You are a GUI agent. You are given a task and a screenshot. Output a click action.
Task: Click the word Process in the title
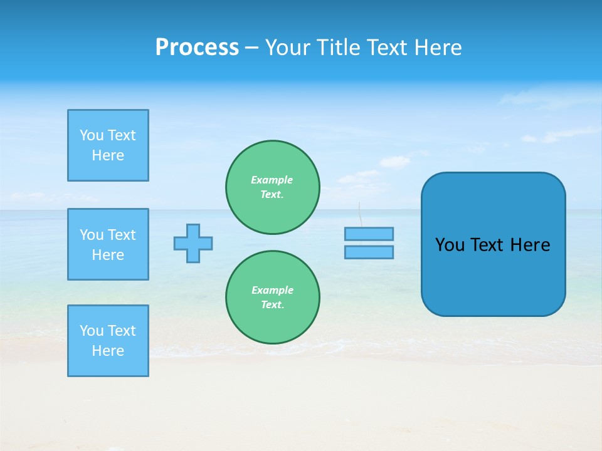[x=197, y=48]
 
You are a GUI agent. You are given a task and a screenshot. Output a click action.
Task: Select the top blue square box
[x=108, y=145]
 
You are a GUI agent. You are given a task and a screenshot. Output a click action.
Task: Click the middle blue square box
[x=108, y=244]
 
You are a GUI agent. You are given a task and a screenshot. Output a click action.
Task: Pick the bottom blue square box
[x=108, y=341]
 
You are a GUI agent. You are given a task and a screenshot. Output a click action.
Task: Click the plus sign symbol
[x=193, y=243]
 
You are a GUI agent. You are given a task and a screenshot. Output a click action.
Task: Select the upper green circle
[x=273, y=187]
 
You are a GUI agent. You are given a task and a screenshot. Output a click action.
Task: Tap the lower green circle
[x=273, y=298]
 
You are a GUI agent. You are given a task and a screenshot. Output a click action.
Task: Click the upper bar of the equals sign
[x=369, y=234]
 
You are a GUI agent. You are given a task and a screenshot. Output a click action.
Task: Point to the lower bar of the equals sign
[x=369, y=252]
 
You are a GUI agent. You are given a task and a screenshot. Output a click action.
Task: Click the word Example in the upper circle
[x=272, y=180]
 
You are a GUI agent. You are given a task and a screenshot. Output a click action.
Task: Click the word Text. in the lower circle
[x=272, y=305]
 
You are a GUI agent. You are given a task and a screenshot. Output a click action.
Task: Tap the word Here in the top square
[x=108, y=155]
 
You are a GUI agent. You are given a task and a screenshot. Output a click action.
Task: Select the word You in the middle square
[x=92, y=235]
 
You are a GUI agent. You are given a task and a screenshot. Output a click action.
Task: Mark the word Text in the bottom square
[x=122, y=331]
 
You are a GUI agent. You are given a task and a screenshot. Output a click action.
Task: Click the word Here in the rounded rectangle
[x=530, y=245]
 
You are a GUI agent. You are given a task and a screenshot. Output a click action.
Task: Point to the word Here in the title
[x=440, y=48]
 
